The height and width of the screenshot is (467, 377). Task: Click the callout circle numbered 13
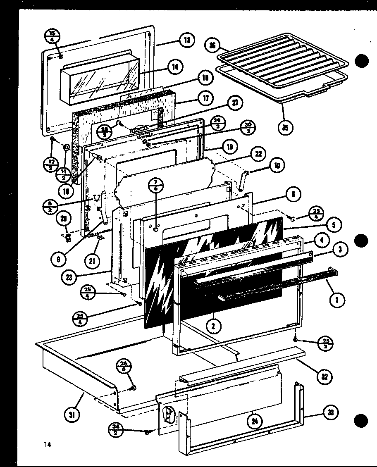point(187,41)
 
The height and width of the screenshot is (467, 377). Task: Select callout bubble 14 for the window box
point(176,67)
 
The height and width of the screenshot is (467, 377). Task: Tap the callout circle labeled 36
point(212,45)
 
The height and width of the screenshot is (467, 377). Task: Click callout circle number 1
point(337,300)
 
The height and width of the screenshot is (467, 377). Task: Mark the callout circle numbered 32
point(325,376)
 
